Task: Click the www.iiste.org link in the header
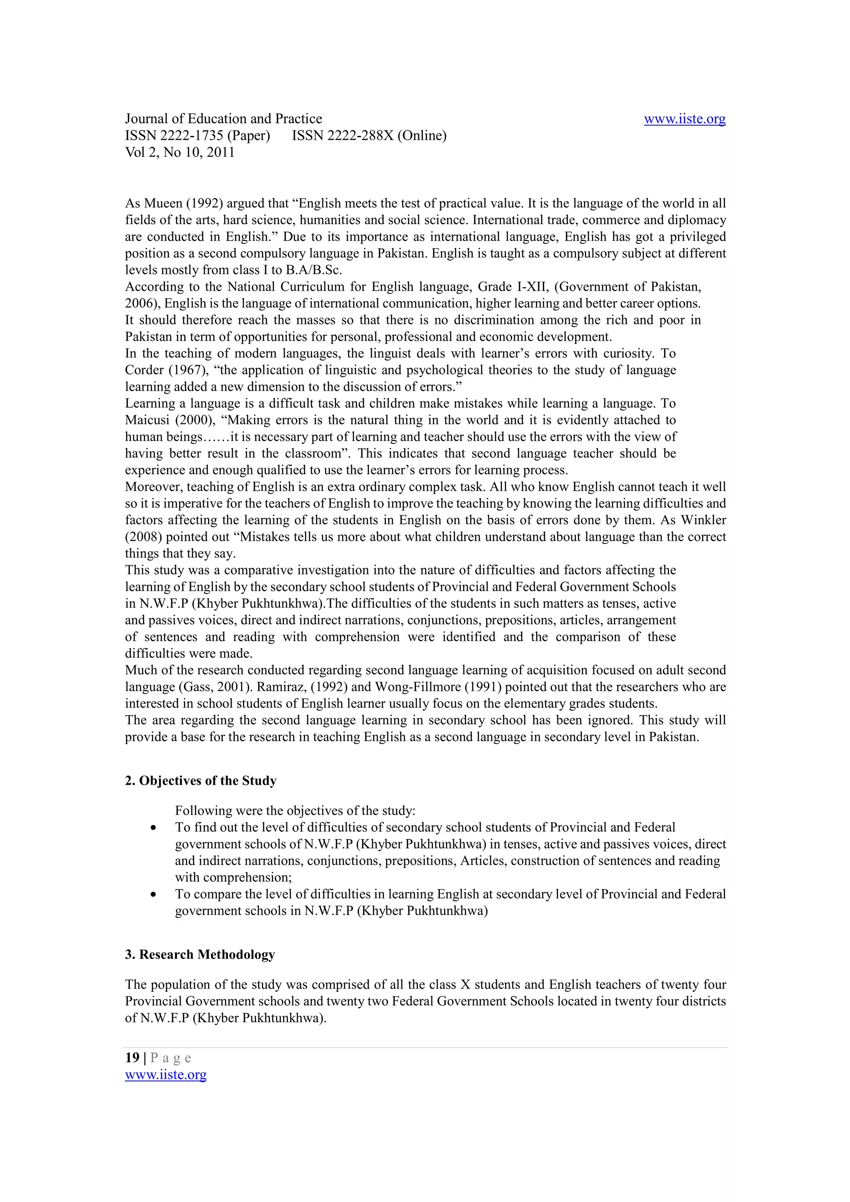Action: (684, 119)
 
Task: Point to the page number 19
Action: (132, 1058)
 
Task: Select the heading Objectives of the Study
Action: (200, 781)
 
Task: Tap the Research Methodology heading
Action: (200, 954)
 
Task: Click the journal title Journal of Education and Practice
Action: (223, 119)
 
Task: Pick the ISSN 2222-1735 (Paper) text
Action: (198, 136)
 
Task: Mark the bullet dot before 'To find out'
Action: (153, 828)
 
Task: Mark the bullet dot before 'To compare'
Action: (153, 895)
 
